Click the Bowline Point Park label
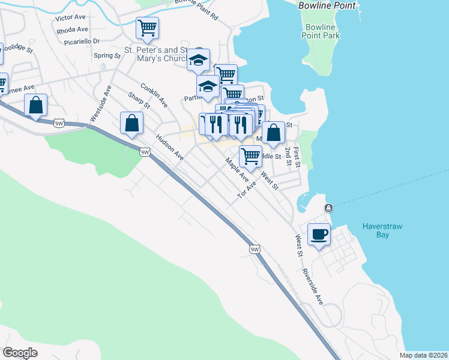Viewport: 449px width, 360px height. [321, 31]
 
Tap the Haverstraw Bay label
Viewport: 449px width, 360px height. [384, 230]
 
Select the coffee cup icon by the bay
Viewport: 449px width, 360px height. [319, 233]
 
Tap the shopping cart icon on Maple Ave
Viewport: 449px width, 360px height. [250, 156]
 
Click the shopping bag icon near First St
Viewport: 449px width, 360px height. [273, 133]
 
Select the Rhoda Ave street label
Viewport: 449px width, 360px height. [73, 29]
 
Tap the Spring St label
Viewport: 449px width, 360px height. [107, 56]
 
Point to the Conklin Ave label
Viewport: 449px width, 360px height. [154, 95]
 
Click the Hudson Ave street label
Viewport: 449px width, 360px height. [169, 146]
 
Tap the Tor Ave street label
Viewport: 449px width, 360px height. [247, 190]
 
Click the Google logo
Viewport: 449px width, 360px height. [20, 353]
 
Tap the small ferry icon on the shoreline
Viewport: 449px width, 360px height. [328, 208]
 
